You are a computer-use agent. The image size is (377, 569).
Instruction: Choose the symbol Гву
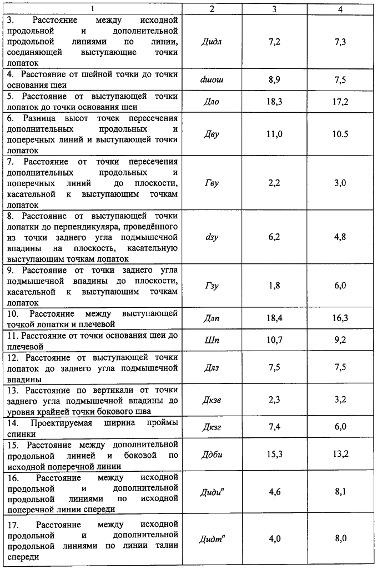point(211,183)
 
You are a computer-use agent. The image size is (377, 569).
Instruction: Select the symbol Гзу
point(211,285)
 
